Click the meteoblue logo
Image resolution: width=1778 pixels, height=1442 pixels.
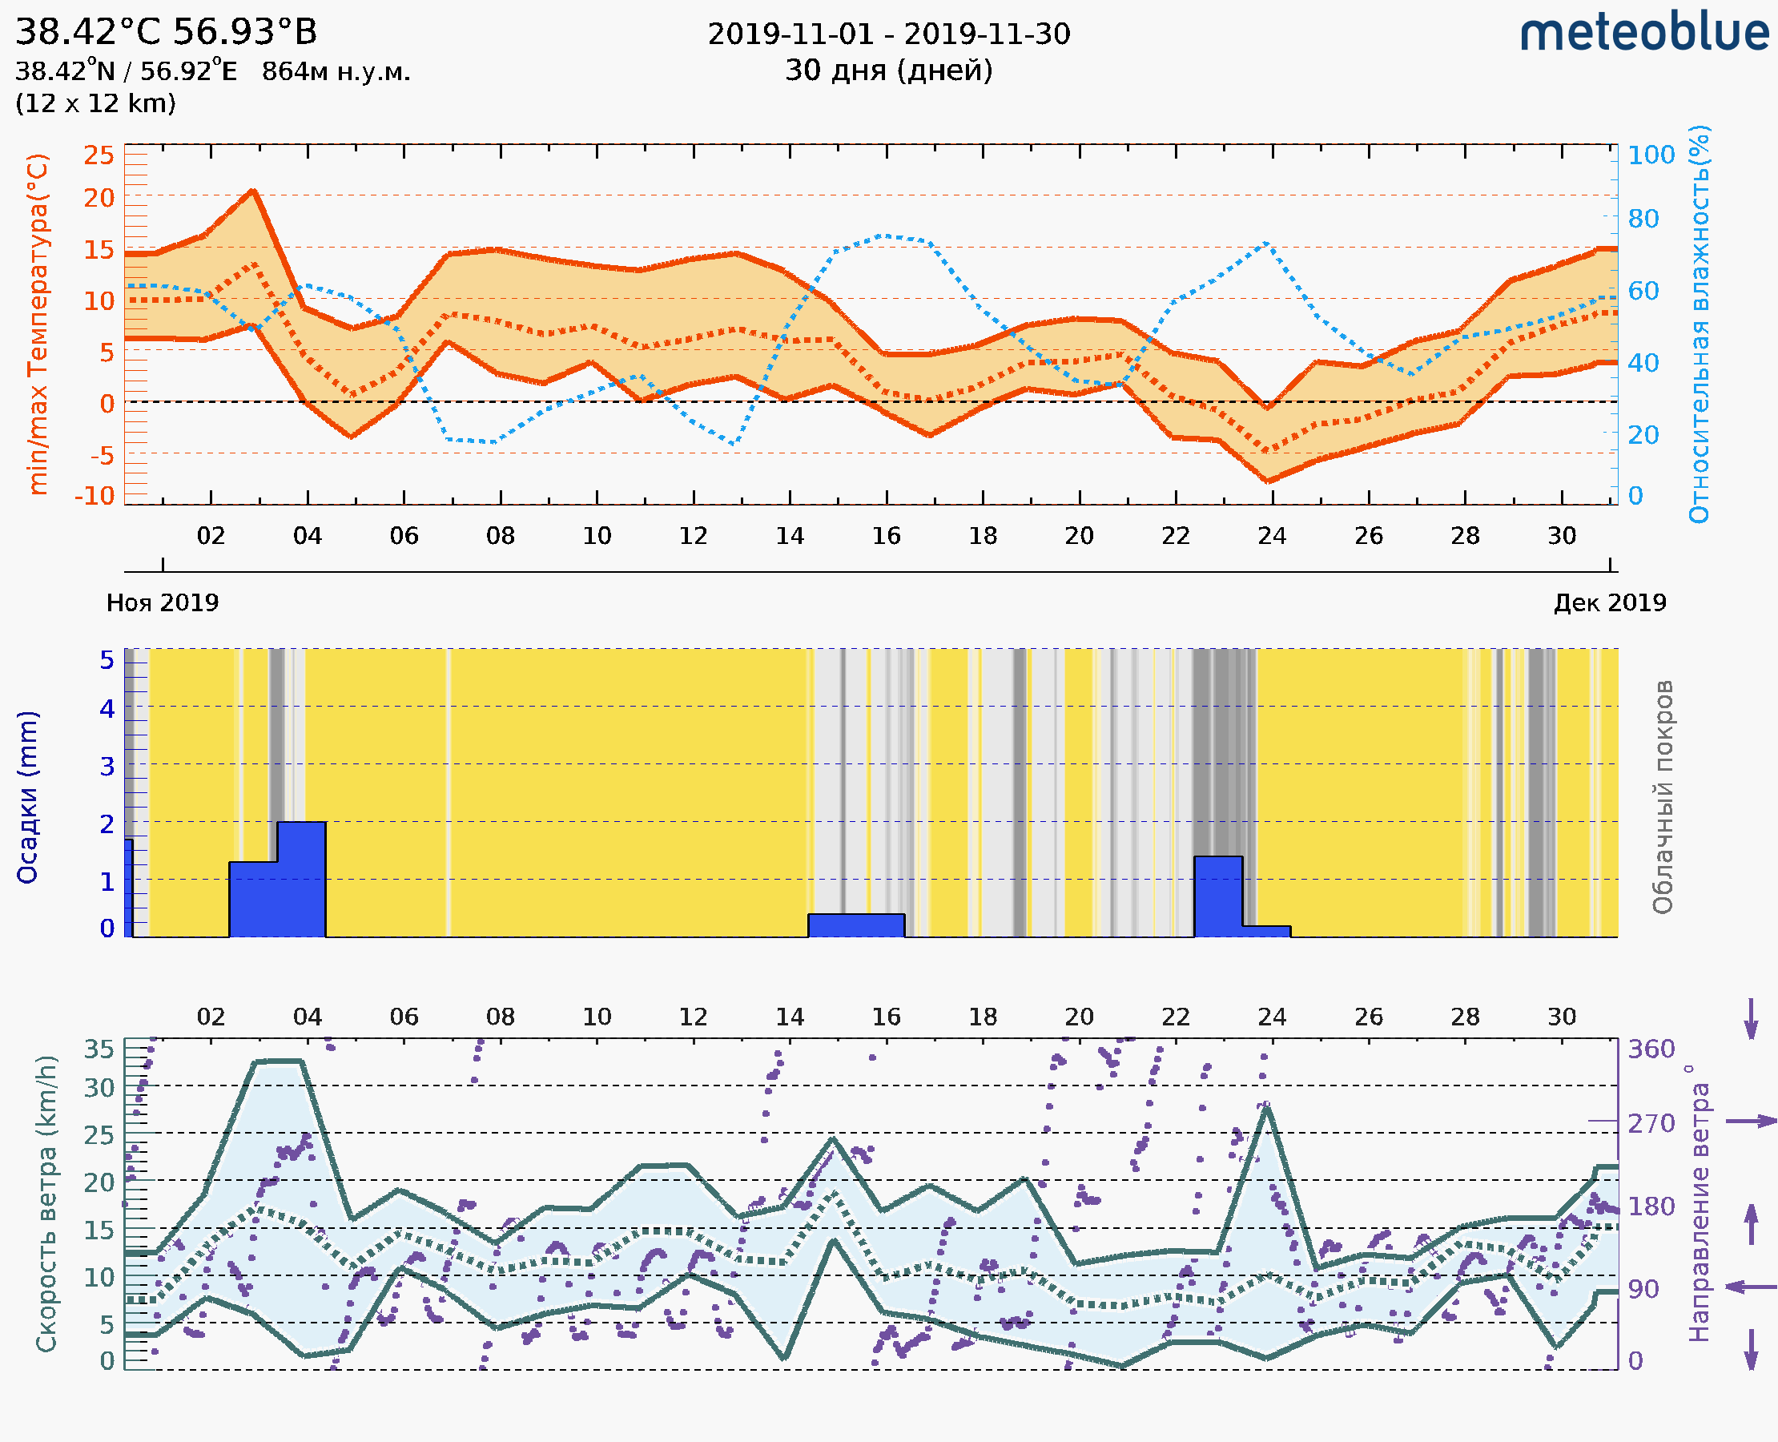1643,33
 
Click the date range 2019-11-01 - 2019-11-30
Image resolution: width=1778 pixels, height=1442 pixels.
888,34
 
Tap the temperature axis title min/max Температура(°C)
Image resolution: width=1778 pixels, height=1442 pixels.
38,324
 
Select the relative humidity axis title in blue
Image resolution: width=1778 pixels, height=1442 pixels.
1699,324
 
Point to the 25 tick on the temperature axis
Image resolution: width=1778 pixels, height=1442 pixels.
99,155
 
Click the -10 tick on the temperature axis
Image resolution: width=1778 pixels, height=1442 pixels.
95,496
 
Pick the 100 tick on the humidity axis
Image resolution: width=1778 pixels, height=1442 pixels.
1651,155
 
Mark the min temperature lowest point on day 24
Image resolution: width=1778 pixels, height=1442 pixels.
1268,481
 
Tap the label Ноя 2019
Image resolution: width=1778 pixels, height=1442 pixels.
163,602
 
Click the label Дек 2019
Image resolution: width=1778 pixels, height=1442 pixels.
1610,602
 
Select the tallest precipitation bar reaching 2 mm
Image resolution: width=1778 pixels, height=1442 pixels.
301,878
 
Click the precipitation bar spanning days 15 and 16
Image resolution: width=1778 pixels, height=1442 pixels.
856,925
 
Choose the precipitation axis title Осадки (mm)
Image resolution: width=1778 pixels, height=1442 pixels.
27,796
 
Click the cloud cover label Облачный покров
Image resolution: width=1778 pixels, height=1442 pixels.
1663,796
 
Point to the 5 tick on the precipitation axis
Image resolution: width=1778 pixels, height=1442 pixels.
107,660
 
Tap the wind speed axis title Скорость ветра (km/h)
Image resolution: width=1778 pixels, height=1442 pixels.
46,1203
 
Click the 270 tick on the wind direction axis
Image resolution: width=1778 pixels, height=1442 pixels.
1651,1123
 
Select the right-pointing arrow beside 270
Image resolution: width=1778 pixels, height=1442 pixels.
1752,1122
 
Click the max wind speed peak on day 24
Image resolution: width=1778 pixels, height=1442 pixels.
1266,1109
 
